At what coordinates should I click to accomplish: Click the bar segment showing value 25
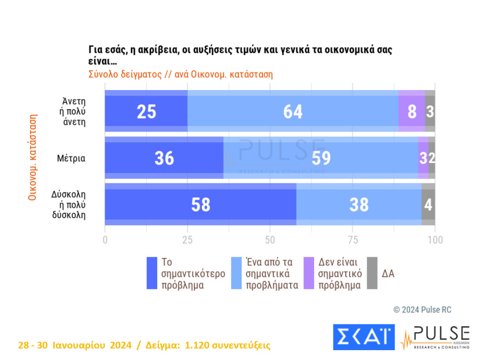(146, 111)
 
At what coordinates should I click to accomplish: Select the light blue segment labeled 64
(293, 111)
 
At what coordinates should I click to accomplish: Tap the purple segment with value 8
(412, 111)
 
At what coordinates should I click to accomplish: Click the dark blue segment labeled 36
(164, 158)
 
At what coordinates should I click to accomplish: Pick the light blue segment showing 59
(321, 158)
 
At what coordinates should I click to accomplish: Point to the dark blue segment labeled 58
(200, 204)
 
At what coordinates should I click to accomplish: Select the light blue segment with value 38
(358, 204)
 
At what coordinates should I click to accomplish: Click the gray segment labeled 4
(428, 204)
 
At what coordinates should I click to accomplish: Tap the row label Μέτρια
(70, 158)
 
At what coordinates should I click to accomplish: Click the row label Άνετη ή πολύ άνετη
(75, 111)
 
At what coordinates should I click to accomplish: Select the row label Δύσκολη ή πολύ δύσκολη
(69, 205)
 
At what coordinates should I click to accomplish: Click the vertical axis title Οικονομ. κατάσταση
(32, 157)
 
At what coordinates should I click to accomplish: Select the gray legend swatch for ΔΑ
(372, 273)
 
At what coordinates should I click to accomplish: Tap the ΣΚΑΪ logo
(363, 337)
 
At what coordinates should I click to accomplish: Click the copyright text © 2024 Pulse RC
(422, 310)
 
